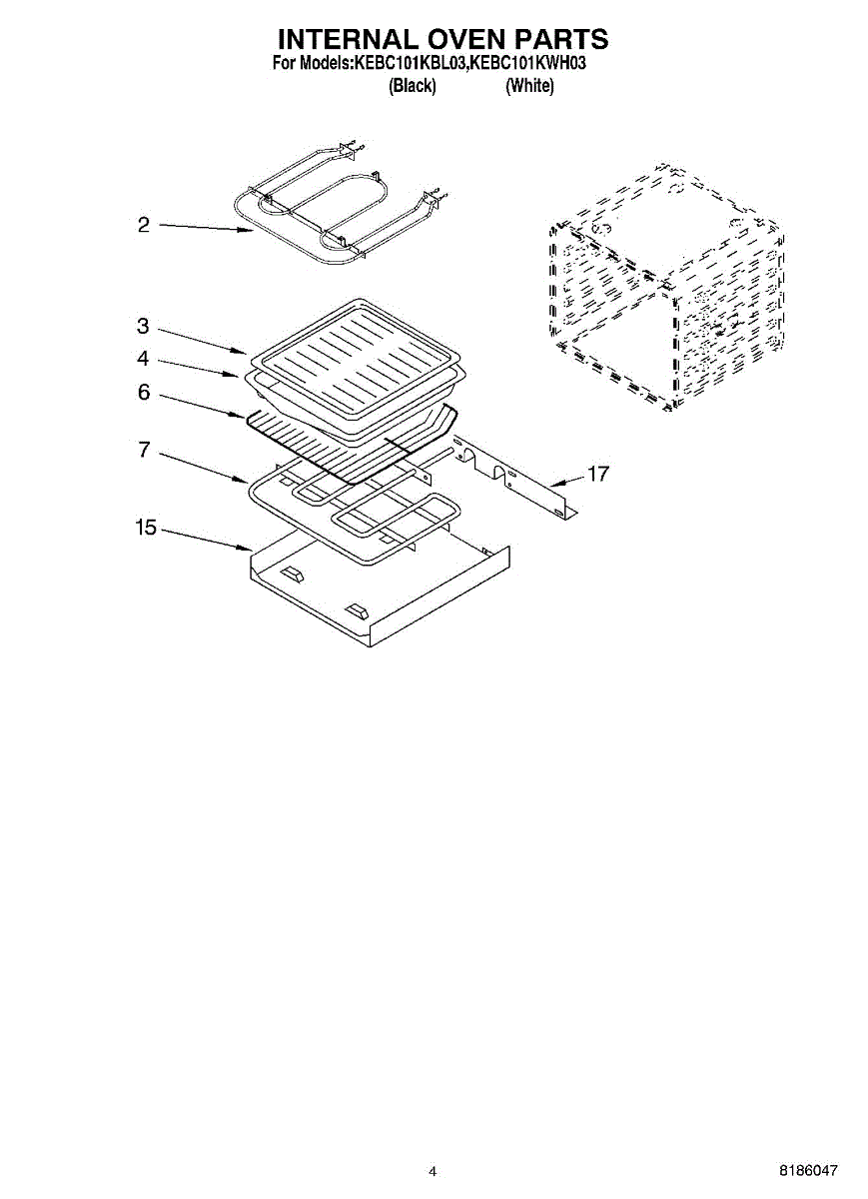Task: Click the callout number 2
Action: pyautogui.click(x=144, y=225)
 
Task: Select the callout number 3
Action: pyautogui.click(x=143, y=326)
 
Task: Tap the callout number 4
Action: pyautogui.click(x=143, y=358)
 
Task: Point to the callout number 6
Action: pyautogui.click(x=144, y=393)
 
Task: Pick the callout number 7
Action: pyautogui.click(x=144, y=450)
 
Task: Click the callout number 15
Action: pyautogui.click(x=146, y=528)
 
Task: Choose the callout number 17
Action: pyautogui.click(x=598, y=474)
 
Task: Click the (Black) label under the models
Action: pyautogui.click(x=413, y=86)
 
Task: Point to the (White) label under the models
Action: pyautogui.click(x=529, y=86)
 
